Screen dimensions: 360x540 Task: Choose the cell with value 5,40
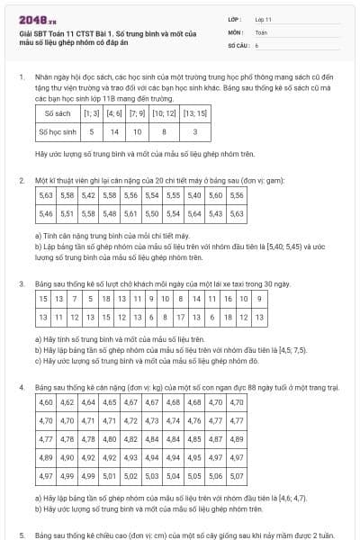[193, 194]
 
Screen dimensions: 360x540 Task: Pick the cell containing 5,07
[237, 476]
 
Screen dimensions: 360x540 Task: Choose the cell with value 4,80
[109, 439]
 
